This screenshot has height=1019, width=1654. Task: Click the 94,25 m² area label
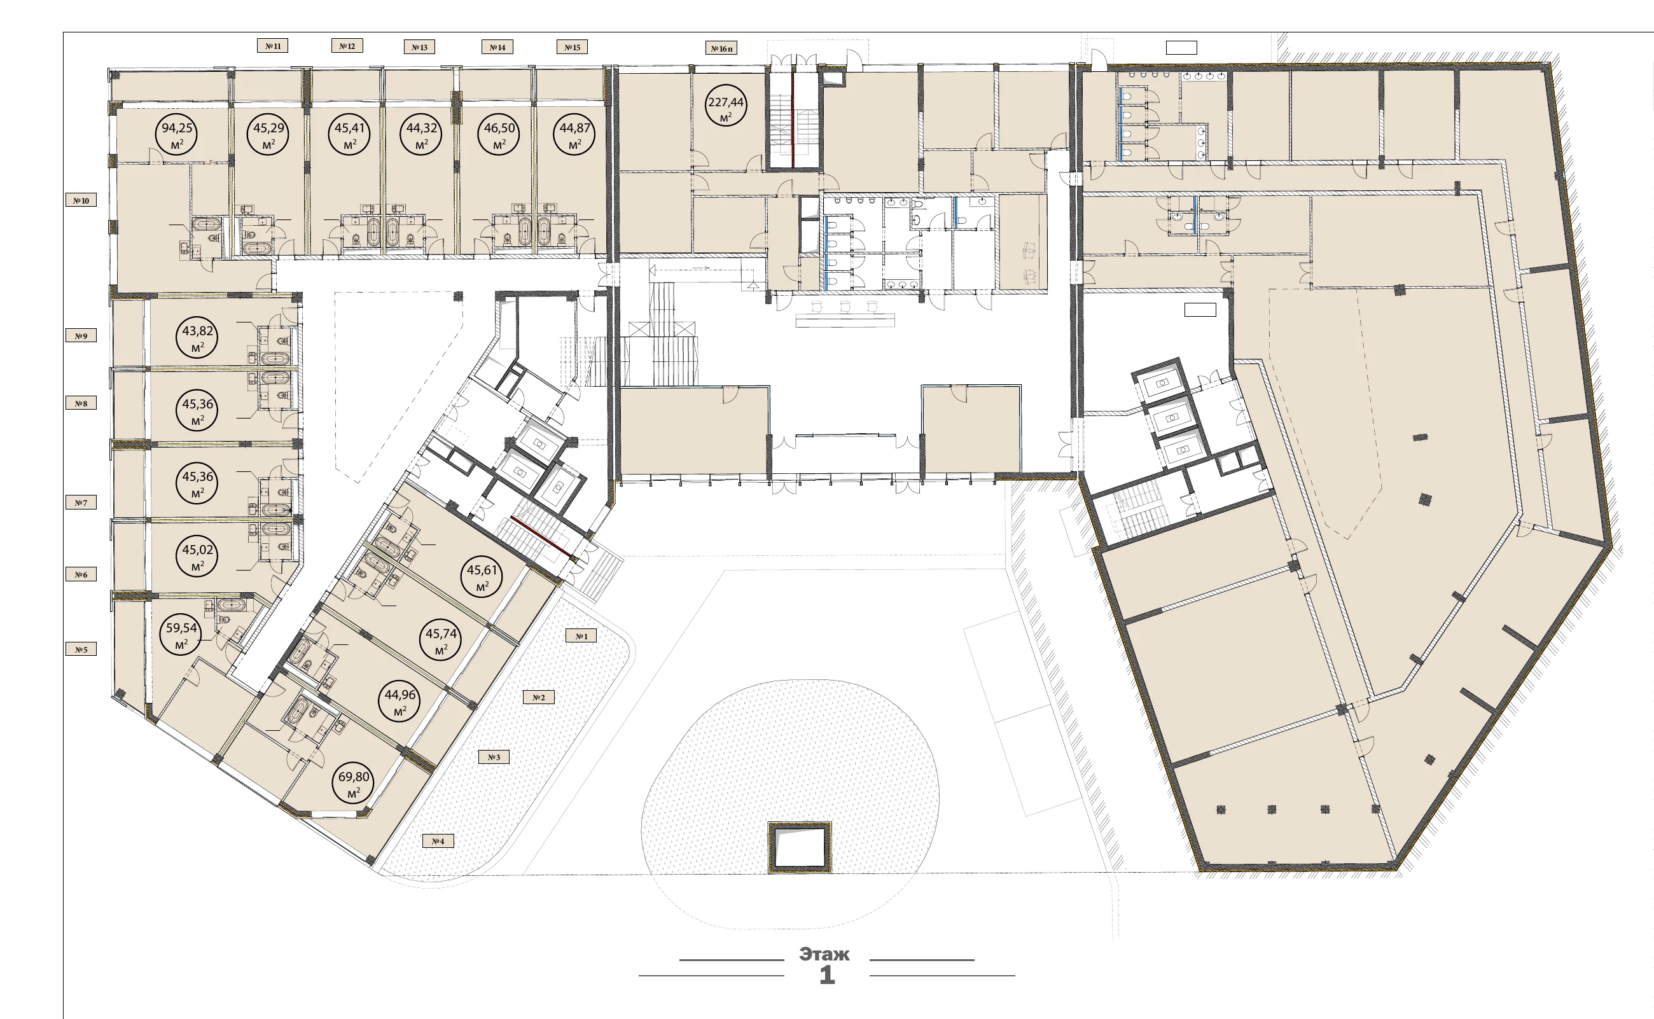click(x=177, y=134)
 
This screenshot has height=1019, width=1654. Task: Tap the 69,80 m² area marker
click(x=354, y=783)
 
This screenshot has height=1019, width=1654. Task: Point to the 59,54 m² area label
click(x=181, y=634)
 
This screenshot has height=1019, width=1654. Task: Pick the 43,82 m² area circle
click(x=197, y=337)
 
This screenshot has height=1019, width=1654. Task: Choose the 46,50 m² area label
click(x=499, y=134)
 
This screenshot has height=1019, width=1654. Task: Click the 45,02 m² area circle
click(x=197, y=556)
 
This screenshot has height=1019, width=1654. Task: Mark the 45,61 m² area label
click(x=482, y=576)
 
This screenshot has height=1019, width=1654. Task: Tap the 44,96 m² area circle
click(x=400, y=701)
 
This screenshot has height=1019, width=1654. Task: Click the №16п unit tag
click(x=721, y=48)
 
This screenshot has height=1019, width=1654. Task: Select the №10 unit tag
click(x=81, y=200)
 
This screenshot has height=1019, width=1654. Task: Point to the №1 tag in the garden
click(x=581, y=635)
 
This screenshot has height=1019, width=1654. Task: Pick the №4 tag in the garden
click(x=438, y=840)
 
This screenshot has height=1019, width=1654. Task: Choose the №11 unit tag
click(x=272, y=46)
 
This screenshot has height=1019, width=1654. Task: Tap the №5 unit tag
click(x=81, y=649)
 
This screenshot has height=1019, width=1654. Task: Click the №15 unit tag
click(x=573, y=47)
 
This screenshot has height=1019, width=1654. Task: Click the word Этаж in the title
click(x=824, y=954)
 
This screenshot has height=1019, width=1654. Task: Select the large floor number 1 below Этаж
click(x=827, y=975)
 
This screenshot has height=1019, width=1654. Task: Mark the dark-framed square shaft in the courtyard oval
click(x=800, y=848)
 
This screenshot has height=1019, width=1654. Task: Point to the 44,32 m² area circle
click(x=422, y=134)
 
